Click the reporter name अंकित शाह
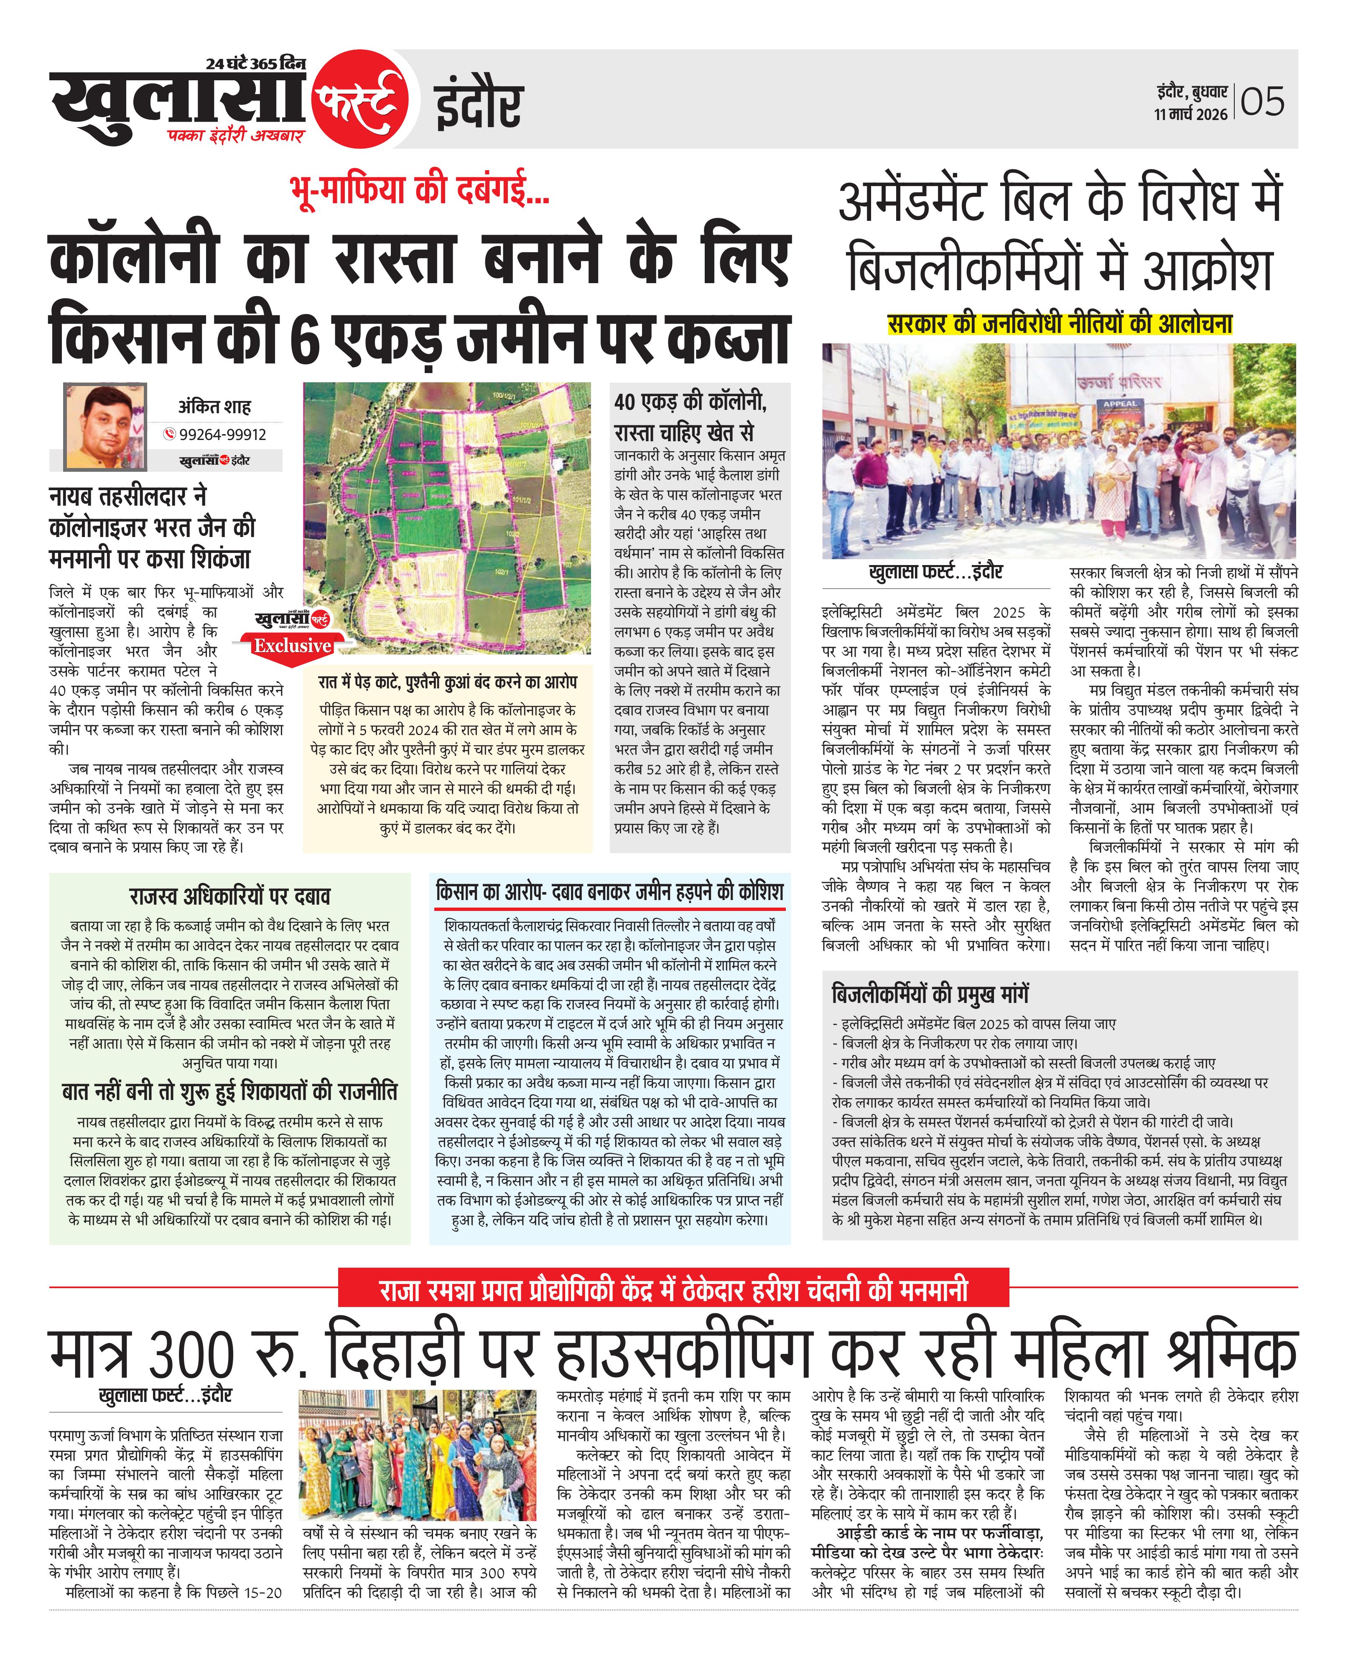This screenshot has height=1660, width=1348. point(214,406)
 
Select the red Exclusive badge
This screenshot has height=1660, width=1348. point(292,645)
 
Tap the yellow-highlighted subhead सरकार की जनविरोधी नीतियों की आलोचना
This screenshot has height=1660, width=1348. point(1060,323)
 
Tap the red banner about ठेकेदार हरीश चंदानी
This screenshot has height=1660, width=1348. point(673,1290)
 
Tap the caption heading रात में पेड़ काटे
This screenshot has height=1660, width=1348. point(447,682)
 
